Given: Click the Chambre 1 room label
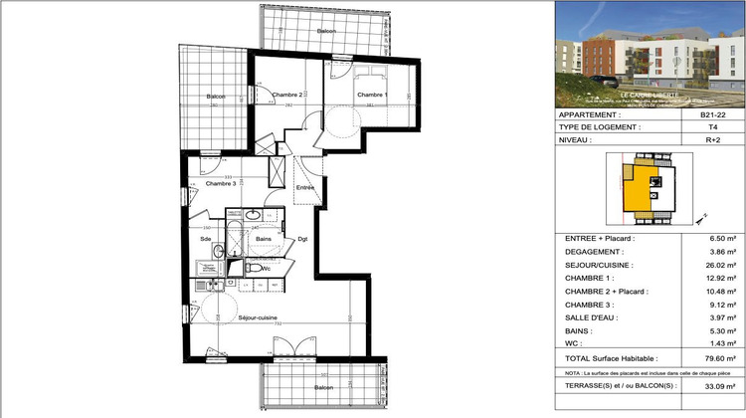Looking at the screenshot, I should (x=373, y=94).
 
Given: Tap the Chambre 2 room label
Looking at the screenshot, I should (x=287, y=94).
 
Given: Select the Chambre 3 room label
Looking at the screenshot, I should (x=220, y=184).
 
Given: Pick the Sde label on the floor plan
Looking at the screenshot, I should (x=205, y=239).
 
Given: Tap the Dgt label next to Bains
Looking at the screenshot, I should (x=302, y=239).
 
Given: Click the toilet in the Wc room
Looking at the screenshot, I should (x=254, y=269).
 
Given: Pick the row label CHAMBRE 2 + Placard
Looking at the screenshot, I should (x=606, y=291).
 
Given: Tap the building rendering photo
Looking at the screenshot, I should (x=650, y=53).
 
